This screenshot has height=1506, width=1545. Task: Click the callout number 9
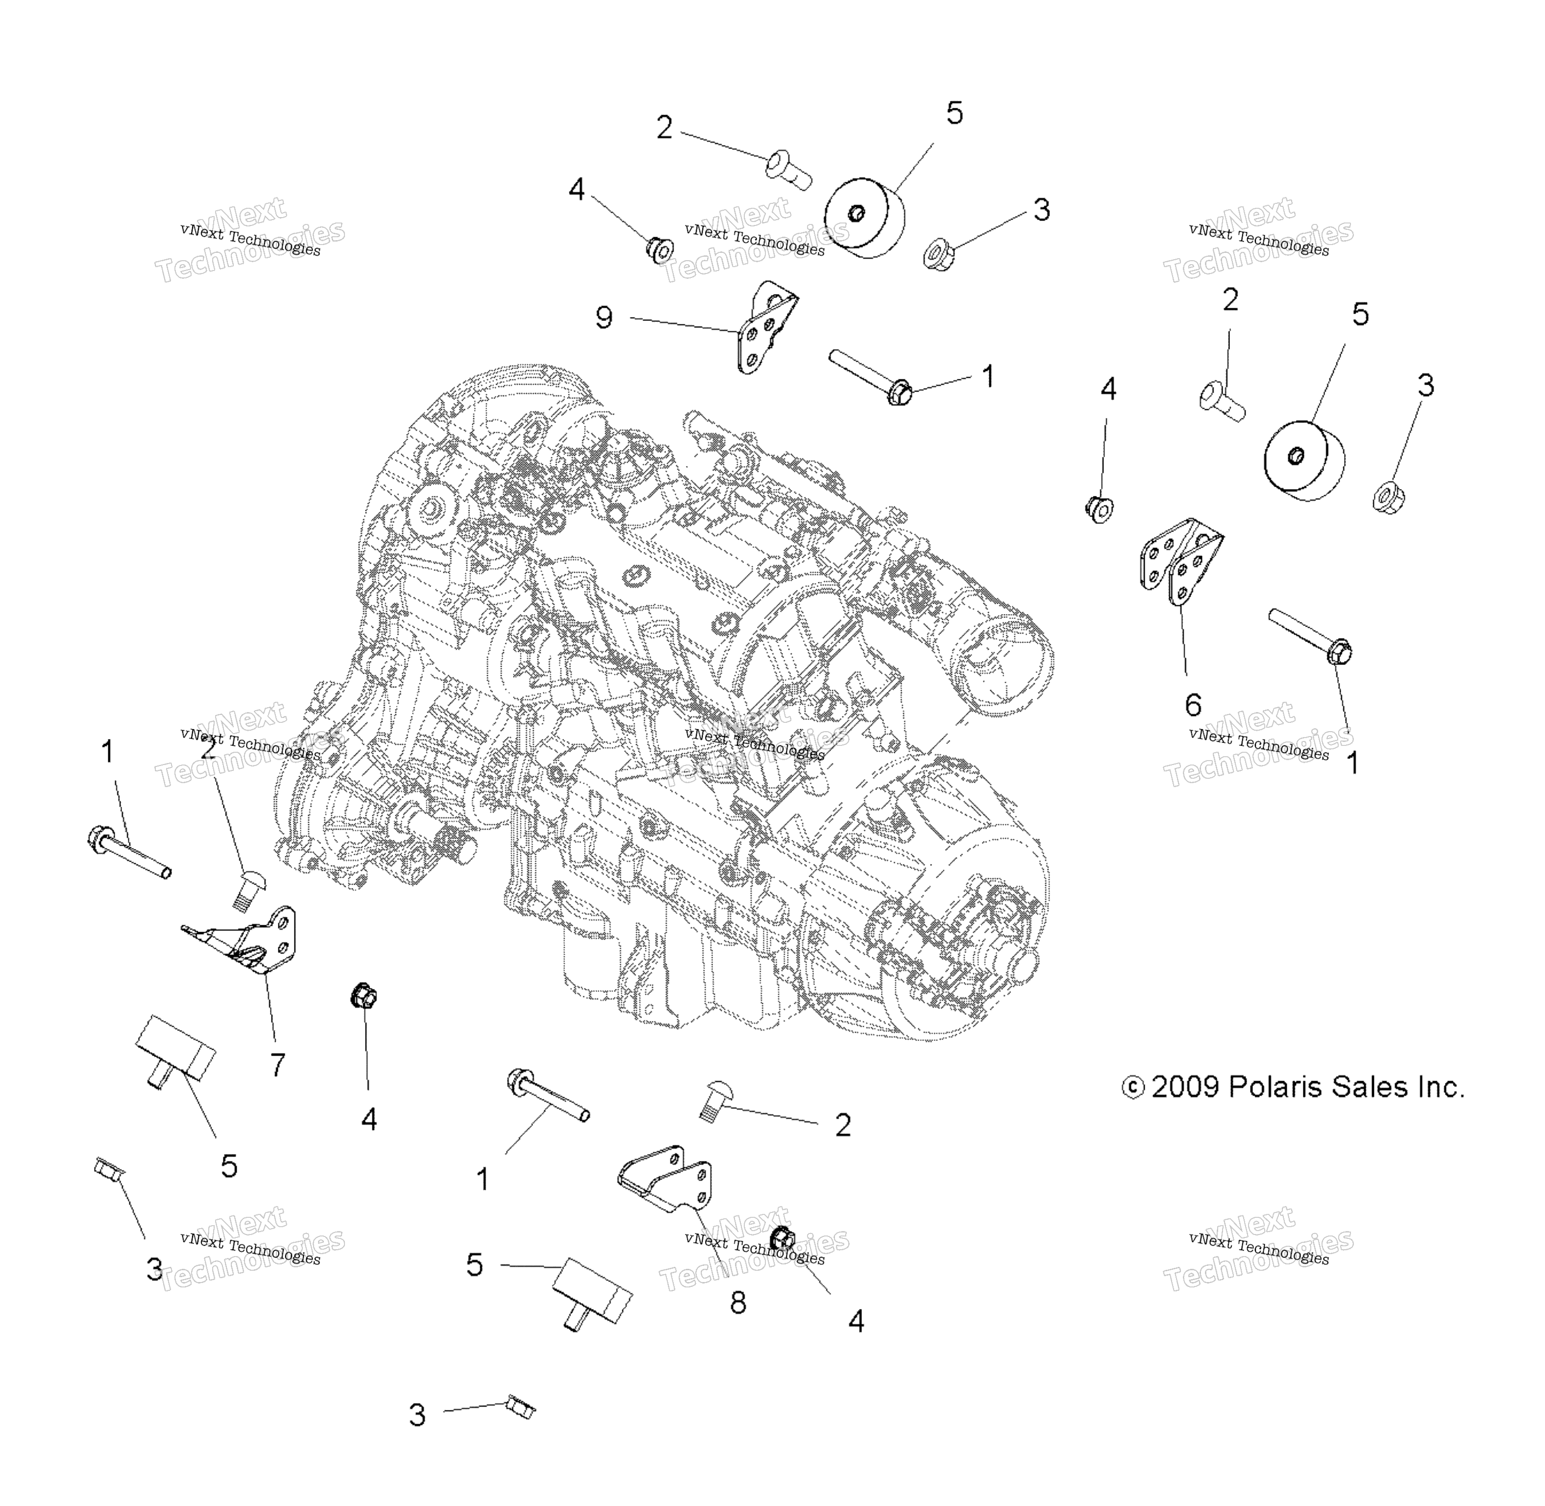603,318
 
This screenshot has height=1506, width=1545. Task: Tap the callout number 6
1193,704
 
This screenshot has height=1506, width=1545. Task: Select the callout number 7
277,1064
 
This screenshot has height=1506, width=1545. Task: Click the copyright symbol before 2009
1132,1089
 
